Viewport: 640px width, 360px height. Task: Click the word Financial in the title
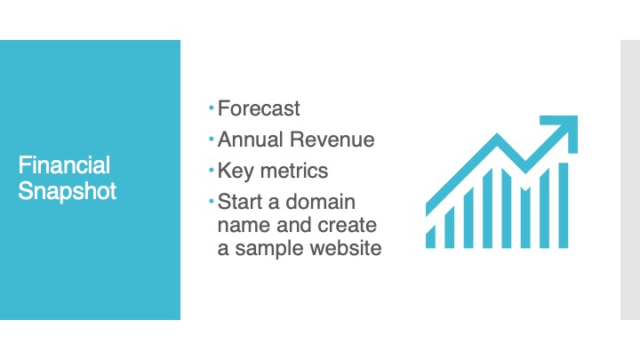pyautogui.click(x=64, y=165)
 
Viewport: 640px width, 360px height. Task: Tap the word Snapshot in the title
pyautogui.click(x=68, y=191)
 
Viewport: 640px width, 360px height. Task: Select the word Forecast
pyautogui.click(x=259, y=108)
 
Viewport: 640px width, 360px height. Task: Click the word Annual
pyautogui.click(x=251, y=140)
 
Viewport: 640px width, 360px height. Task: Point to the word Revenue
pyautogui.click(x=332, y=140)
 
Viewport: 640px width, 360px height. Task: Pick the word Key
pyautogui.click(x=236, y=171)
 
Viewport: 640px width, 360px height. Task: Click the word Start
pyautogui.click(x=240, y=202)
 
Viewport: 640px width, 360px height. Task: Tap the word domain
pyautogui.click(x=320, y=202)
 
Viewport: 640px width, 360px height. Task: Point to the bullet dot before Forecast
pyautogui.click(x=211, y=108)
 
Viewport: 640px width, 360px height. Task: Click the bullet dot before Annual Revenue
pyautogui.click(x=211, y=140)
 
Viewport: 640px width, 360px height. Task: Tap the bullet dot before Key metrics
pyautogui.click(x=211, y=170)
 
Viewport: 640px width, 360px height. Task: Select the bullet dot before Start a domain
pyautogui.click(x=211, y=201)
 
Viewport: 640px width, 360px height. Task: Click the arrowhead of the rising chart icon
pyautogui.click(x=565, y=128)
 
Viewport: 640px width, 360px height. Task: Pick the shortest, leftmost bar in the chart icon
pyautogui.click(x=430, y=237)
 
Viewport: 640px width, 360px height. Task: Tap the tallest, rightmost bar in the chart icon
pyautogui.click(x=564, y=205)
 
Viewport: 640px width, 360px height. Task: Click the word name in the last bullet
pyautogui.click(x=244, y=225)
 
